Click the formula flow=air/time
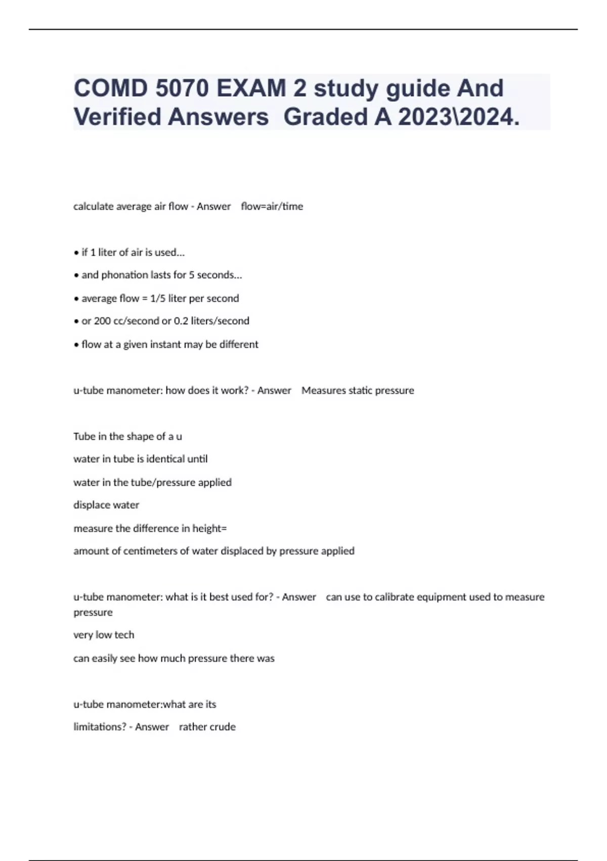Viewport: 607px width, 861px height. point(272,206)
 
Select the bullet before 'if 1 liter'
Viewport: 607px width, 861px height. point(76,252)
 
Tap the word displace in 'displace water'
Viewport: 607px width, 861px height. point(91,505)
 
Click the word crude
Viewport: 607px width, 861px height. point(223,727)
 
